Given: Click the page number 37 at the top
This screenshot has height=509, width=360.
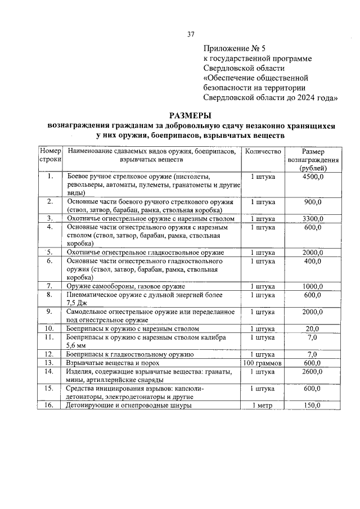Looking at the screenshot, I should pyautogui.click(x=191, y=34).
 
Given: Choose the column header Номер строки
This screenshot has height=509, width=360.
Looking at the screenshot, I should pyautogui.click(x=50, y=156).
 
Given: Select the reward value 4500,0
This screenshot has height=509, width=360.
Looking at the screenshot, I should pyautogui.click(x=313, y=177).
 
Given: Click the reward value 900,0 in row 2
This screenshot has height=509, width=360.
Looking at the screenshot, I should pyautogui.click(x=313, y=201).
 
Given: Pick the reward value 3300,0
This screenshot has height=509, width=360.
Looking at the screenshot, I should pyautogui.click(x=313, y=219).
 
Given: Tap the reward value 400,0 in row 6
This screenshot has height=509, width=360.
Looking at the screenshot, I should pyautogui.click(x=313, y=261).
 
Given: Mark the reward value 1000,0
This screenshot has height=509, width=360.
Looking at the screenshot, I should pyautogui.click(x=313, y=286).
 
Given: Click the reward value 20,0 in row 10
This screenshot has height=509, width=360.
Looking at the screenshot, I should pyautogui.click(x=313, y=328).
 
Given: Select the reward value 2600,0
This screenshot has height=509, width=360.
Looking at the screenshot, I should pyautogui.click(x=313, y=372).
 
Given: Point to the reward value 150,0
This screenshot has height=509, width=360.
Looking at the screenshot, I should pyautogui.click(x=313, y=405).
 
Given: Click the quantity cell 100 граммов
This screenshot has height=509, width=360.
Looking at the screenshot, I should pyautogui.click(x=262, y=363).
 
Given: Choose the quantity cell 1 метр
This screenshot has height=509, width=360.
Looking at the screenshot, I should pyautogui.click(x=262, y=405).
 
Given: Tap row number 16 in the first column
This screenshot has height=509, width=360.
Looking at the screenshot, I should pyautogui.click(x=49, y=405).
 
